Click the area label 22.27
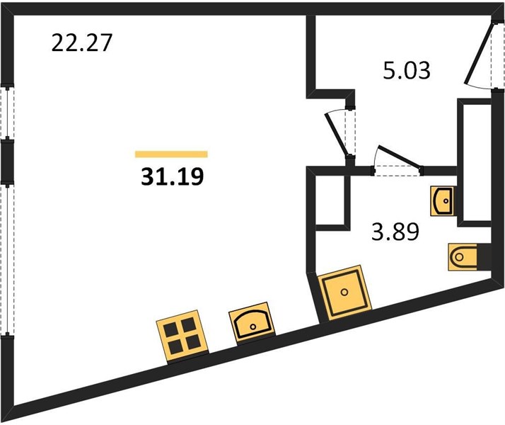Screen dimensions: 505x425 coord(81,43)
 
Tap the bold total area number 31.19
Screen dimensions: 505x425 coord(173,176)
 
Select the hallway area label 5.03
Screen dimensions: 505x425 coord(407,71)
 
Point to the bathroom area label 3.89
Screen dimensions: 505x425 coord(395,232)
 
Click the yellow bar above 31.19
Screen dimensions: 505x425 coord(171,154)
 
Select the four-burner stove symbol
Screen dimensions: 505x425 coord(182,337)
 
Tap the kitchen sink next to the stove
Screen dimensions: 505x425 coord(253,324)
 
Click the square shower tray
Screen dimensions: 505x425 coord(344,293)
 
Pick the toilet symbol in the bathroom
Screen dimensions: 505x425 coord(463,257)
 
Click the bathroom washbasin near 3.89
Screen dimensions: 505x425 coord(443,201)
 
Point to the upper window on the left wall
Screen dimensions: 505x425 coord(7,113)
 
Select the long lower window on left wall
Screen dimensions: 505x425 coord(7,260)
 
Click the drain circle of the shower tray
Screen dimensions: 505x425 coord(344,293)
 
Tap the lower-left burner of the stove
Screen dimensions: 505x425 coord(175,348)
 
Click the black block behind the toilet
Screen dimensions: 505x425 coord(484,257)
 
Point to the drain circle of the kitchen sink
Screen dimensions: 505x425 coord(253,327)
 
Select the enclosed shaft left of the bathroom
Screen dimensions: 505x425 coord(331,200)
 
